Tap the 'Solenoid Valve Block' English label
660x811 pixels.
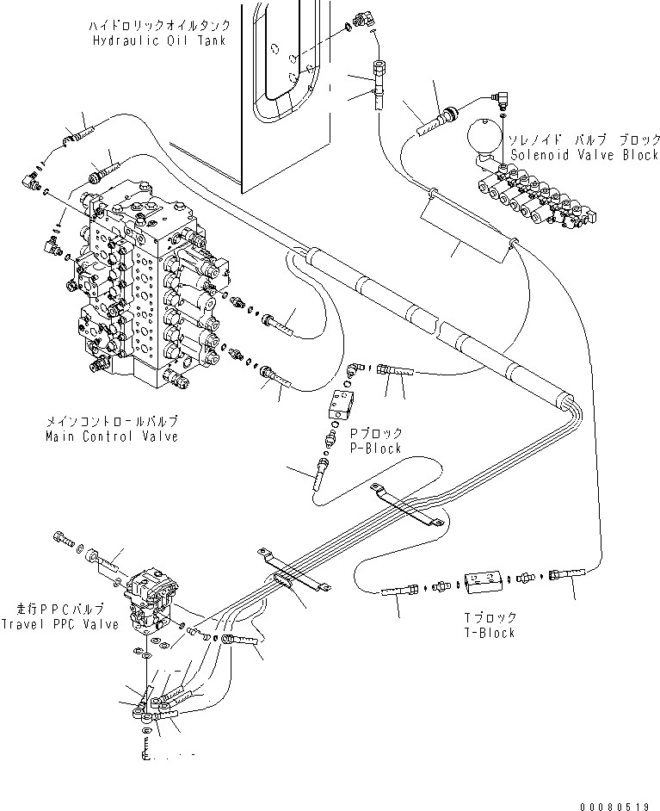[585, 155]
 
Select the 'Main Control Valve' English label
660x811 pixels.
[112, 436]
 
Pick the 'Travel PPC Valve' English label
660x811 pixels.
[60, 624]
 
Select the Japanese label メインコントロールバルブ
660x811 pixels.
[112, 422]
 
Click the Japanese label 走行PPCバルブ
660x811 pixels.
[60, 610]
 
